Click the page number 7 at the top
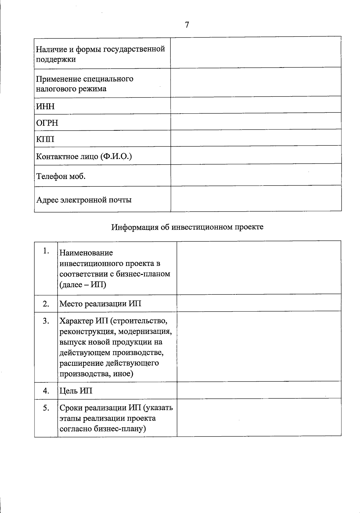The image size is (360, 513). click(187, 25)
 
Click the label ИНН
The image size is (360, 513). click(45, 106)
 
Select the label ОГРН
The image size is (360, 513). click(47, 123)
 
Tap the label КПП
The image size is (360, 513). click(45, 139)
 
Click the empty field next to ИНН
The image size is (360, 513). click(256, 105)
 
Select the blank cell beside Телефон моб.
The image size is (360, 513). click(256, 174)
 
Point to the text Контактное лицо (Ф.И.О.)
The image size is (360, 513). click(84, 156)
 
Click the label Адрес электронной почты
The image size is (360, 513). click(84, 200)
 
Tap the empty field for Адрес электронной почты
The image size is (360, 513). click(256, 198)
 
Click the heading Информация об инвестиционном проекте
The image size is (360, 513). click(187, 227)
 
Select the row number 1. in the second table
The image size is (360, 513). click(46, 251)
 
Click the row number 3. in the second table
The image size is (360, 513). click(46, 321)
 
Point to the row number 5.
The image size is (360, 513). click(46, 408)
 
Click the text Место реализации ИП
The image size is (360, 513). click(100, 304)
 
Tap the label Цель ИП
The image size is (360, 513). click(76, 391)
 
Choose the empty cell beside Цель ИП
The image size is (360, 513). click(259, 390)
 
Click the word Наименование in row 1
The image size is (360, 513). click(86, 253)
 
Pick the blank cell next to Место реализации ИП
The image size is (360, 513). click(259, 303)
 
